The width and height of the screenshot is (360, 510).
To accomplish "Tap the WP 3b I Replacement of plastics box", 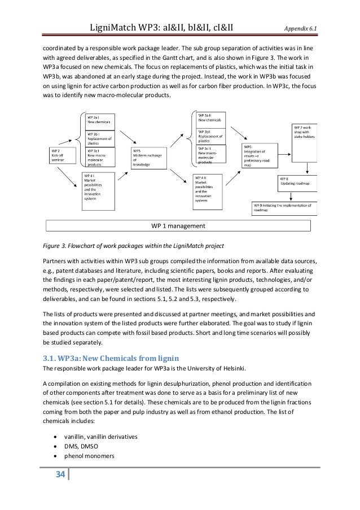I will click(x=100, y=138).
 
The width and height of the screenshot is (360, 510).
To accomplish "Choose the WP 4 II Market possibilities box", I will click(x=210, y=189).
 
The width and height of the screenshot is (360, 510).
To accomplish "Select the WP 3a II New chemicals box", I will click(x=210, y=119).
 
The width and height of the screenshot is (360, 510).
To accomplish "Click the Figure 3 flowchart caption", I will click(x=134, y=247).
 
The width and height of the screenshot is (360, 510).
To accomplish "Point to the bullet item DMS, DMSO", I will click(x=85, y=450).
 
